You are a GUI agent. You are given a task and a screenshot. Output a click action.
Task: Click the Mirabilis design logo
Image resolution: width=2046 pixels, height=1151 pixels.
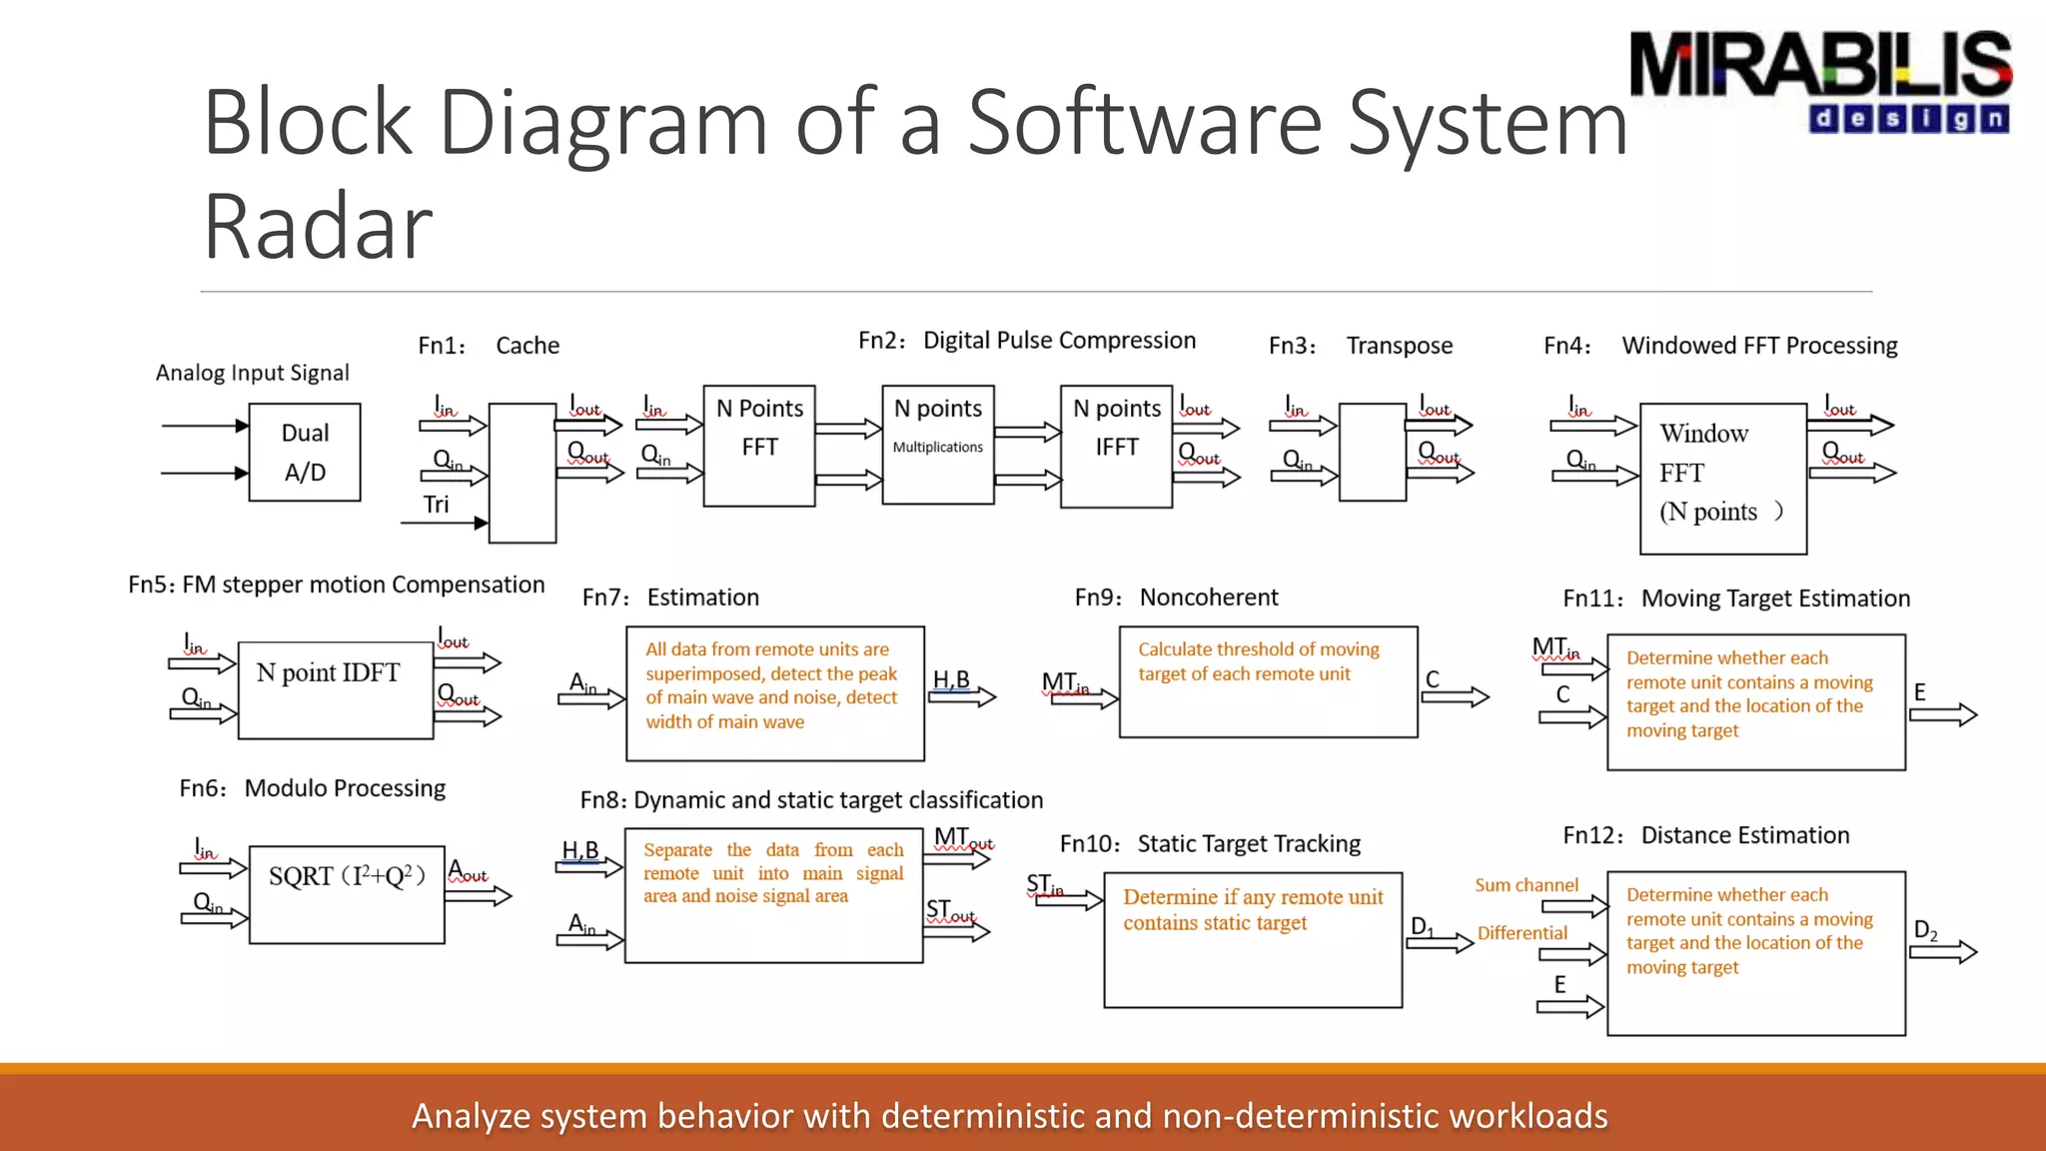pos(1820,80)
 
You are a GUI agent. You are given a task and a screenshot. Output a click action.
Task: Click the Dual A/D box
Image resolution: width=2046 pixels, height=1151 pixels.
pos(305,453)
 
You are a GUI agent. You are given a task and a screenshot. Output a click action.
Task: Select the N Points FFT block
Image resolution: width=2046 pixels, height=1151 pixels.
pos(758,446)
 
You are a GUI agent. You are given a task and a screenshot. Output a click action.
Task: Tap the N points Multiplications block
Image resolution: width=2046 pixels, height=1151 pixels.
pos(937,445)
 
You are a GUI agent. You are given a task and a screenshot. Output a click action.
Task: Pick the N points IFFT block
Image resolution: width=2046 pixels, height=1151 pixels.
pos(1116,446)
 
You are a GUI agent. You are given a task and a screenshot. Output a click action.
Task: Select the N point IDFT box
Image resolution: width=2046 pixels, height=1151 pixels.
pos(335,690)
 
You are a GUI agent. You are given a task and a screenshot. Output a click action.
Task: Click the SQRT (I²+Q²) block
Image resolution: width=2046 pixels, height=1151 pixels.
pos(346,894)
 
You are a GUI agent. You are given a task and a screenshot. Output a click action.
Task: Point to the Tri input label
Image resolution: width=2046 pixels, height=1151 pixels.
pos(436,505)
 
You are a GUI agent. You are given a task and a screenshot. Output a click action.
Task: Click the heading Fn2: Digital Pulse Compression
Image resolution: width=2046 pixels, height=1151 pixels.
pos(1027,341)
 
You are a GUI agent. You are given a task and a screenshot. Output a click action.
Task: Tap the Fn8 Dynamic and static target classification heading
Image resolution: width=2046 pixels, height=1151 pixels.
pos(811,800)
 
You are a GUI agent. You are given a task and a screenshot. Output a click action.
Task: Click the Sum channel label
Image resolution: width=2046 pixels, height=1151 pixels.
pos(1526,885)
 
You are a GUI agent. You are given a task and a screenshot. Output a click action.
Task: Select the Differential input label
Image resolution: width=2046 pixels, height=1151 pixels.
pos(1522,933)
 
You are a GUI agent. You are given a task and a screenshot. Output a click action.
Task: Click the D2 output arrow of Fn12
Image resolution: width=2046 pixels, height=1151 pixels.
pos(1943,952)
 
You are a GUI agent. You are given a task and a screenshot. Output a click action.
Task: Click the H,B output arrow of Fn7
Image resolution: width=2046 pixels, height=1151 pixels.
pos(962,696)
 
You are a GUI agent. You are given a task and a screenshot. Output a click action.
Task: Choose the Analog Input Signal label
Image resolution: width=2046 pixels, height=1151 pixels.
pos(252,373)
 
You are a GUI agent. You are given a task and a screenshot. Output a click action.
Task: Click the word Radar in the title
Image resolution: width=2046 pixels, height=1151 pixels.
pos(318,228)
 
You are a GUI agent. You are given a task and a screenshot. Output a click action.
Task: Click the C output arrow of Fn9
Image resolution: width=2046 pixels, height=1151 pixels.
pos(1455,696)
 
